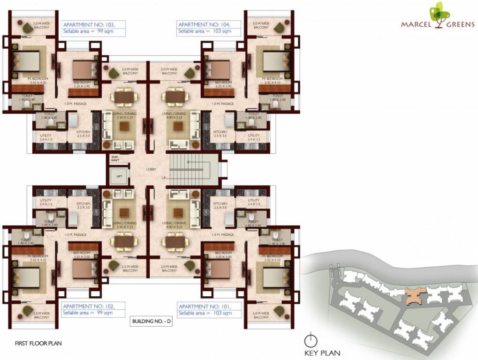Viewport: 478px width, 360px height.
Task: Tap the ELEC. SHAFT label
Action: pyautogui.click(x=114, y=159)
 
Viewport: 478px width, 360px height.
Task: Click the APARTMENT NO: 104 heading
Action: pyautogui.click(x=203, y=24)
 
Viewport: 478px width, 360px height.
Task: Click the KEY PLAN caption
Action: pyautogui.click(x=322, y=352)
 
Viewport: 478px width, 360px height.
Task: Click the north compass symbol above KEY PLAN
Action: pyautogui.click(x=309, y=340)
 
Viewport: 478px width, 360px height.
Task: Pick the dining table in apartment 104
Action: pyautogui.click(x=175, y=97)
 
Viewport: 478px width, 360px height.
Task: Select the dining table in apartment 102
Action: pyautogui.click(x=124, y=241)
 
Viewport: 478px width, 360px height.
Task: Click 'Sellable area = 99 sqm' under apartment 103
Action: pyautogui.click(x=88, y=31)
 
